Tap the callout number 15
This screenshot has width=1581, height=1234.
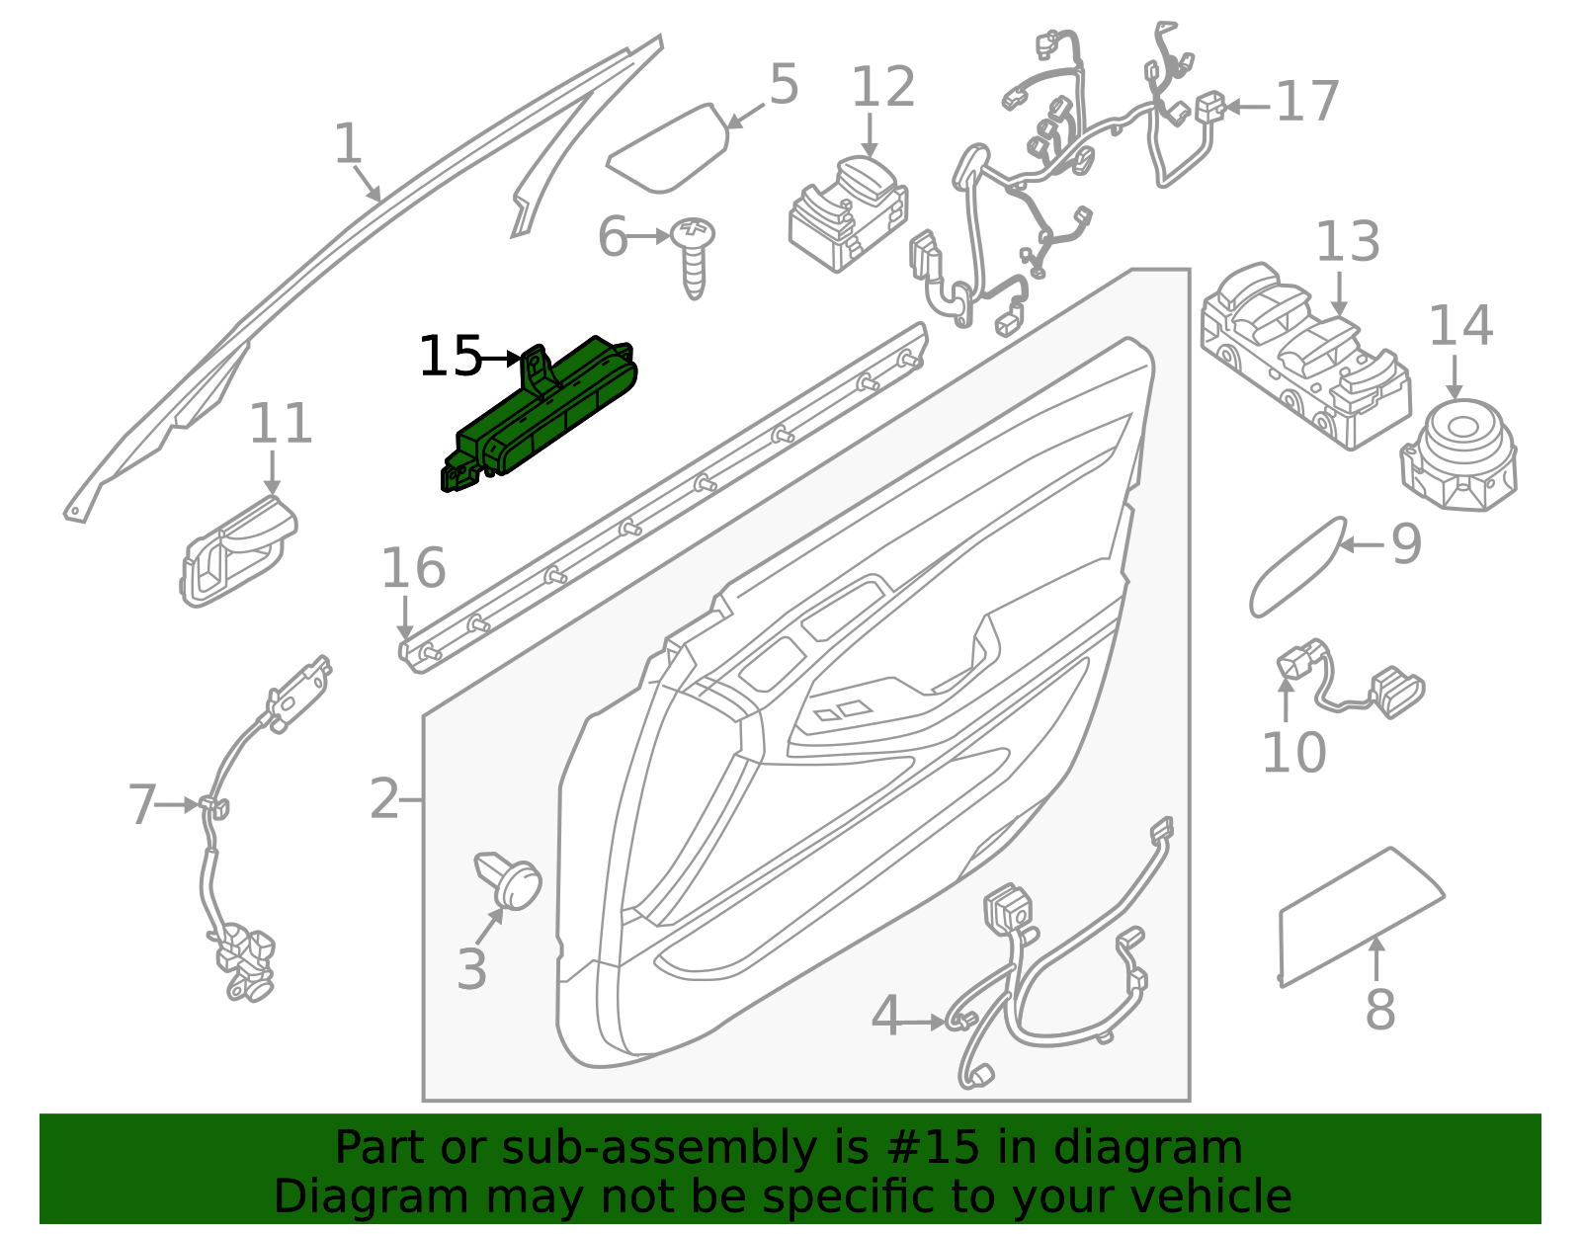pos(451,357)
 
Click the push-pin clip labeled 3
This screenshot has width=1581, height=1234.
pos(509,880)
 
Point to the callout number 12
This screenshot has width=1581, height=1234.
pos(882,87)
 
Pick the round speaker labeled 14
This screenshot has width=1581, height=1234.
pos(1458,455)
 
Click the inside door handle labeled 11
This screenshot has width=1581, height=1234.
pos(237,550)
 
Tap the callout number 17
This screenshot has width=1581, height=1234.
pos(1306,102)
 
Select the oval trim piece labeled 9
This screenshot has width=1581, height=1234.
pos(1297,567)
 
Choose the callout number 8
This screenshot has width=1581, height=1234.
pos(1380,1009)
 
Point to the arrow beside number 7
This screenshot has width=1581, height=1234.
pos(177,805)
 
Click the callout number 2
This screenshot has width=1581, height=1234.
pos(384,798)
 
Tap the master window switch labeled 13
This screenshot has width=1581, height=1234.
pos(1305,357)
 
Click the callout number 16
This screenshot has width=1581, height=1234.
pos(413,568)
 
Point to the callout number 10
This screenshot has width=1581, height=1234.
pos(1294,752)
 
